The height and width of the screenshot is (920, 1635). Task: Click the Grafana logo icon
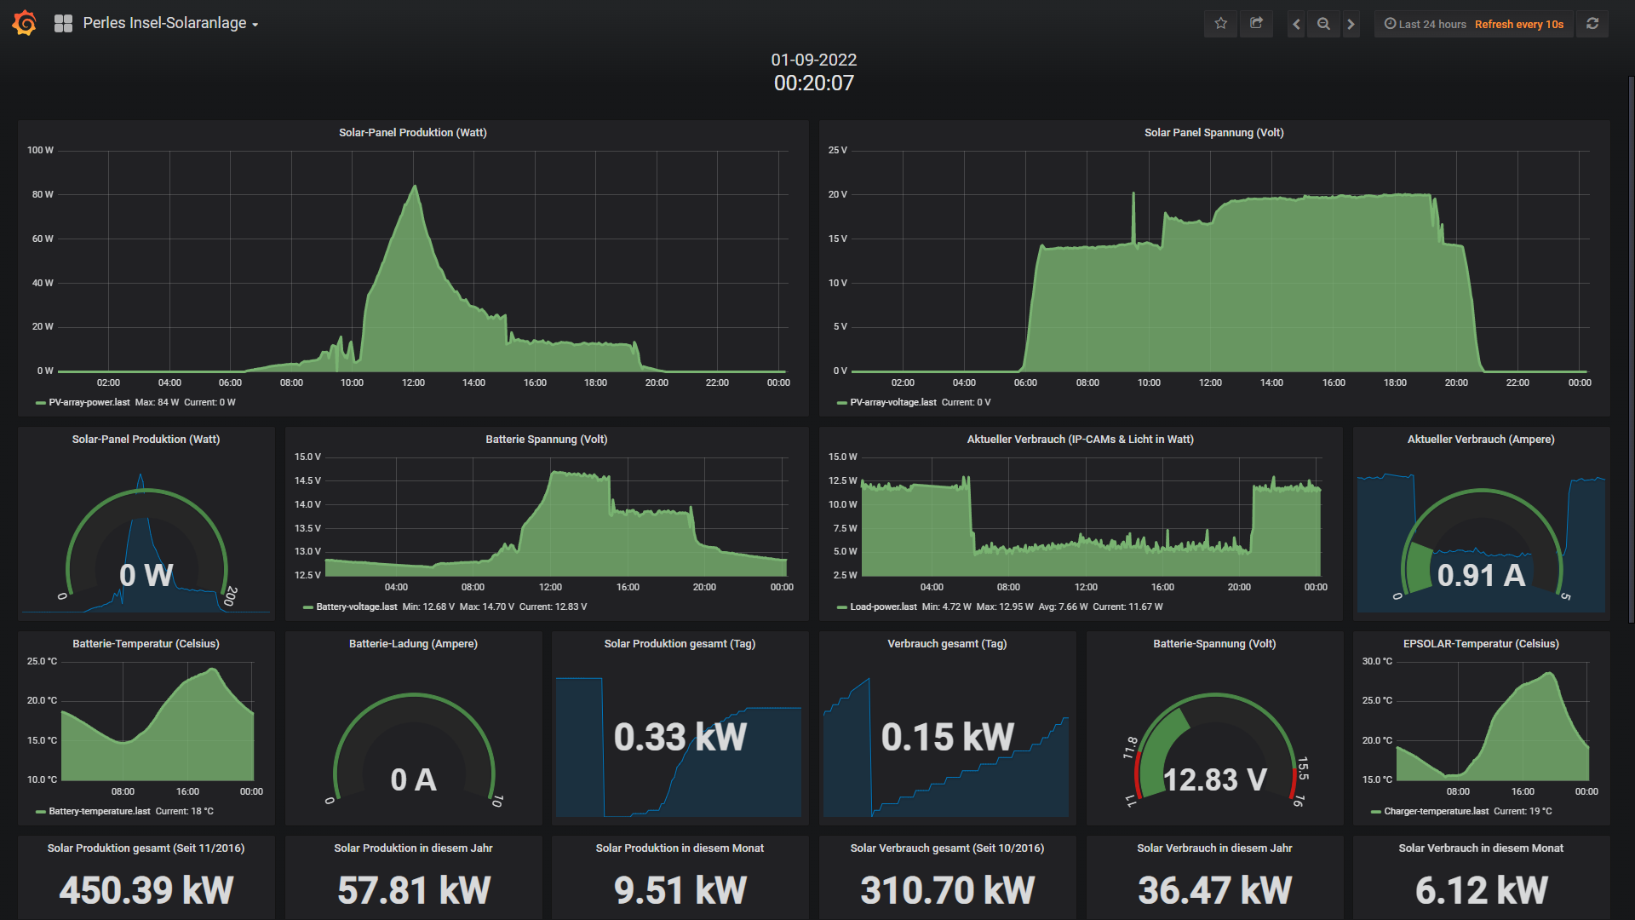[25, 23]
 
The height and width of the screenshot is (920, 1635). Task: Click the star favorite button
[1221, 24]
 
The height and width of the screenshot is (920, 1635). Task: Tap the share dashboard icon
[1257, 24]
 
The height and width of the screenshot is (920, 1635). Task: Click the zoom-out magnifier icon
[1323, 24]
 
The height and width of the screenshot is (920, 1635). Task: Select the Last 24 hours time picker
[1425, 24]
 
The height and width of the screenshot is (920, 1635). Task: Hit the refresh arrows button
[1592, 24]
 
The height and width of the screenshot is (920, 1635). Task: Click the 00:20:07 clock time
[814, 83]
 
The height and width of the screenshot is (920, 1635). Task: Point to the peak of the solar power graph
[415, 186]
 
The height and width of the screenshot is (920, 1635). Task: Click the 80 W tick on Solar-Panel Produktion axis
[43, 194]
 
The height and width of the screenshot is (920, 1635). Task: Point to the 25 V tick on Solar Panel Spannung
[838, 150]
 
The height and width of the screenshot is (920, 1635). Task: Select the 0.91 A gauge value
[1481, 575]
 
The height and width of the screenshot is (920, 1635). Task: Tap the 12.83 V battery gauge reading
[1214, 779]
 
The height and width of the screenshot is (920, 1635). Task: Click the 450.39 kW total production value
[146, 890]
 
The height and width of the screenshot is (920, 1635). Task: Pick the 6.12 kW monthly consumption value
[1481, 890]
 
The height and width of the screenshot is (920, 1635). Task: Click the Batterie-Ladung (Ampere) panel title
[413, 643]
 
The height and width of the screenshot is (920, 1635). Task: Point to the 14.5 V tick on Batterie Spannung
[307, 480]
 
